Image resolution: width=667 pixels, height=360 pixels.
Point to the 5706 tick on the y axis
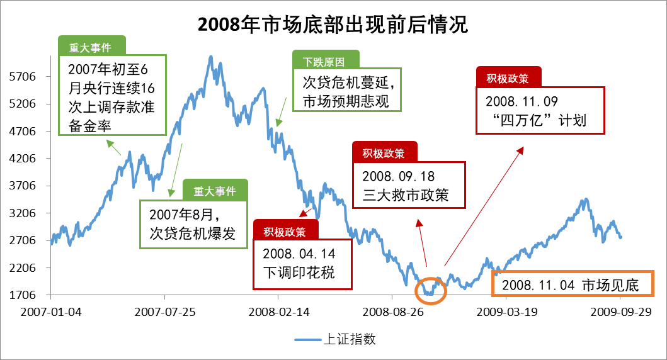click(24, 77)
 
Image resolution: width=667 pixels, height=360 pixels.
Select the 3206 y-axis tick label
click(24, 213)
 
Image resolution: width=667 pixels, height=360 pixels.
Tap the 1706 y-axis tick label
click(24, 295)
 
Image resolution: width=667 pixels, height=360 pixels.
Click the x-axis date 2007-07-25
click(164, 312)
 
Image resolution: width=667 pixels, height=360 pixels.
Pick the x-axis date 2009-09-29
click(620, 312)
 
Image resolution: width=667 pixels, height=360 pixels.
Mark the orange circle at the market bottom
click(431, 290)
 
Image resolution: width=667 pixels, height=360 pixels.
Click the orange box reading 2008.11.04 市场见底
click(573, 285)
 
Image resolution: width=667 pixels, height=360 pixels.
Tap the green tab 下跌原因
click(326, 61)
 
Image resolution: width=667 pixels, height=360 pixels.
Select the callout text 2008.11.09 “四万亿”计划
click(540, 110)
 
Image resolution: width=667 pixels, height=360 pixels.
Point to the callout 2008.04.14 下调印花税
click(302, 264)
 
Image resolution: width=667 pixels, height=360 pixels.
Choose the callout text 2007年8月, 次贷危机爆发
click(192, 224)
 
